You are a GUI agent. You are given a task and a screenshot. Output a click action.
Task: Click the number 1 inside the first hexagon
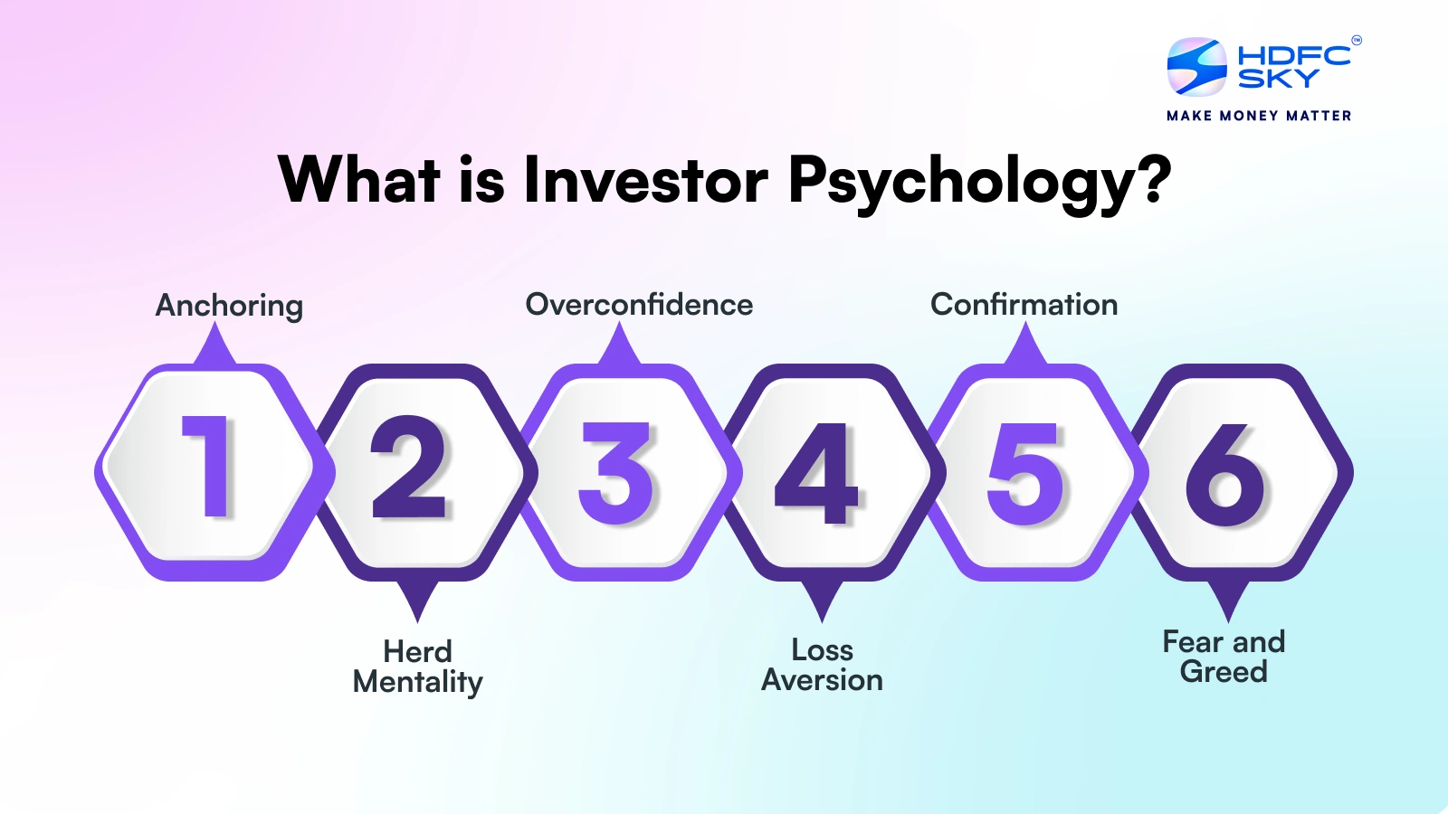[x=210, y=467]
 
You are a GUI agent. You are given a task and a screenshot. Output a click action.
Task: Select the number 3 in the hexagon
[x=616, y=472]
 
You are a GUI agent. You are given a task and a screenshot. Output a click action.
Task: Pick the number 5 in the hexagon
[x=1024, y=472]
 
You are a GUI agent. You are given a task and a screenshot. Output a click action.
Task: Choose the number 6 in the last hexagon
[x=1226, y=474]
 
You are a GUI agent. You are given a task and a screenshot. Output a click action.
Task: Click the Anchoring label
[x=229, y=306]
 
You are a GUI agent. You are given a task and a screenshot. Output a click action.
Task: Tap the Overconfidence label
[x=639, y=305]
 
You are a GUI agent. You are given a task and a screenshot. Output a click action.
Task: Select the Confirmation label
[x=1024, y=305]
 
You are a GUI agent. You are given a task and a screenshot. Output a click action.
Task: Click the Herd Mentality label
[x=417, y=667]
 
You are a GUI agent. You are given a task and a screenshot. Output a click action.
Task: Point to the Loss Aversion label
[x=822, y=665]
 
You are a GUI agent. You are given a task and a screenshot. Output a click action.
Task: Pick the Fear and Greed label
[x=1224, y=657]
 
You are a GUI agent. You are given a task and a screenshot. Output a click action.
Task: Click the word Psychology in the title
[x=980, y=181]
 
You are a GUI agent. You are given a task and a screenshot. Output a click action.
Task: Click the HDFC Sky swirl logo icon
[x=1196, y=66]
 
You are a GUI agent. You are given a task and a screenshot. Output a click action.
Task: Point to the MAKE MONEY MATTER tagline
[x=1259, y=116]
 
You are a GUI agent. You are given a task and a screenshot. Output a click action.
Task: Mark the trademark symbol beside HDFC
[x=1356, y=40]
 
